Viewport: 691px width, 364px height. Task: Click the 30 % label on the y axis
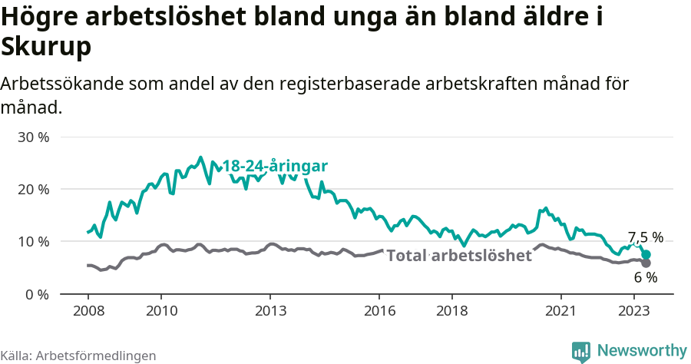[x=34, y=137]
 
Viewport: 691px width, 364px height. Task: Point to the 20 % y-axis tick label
[x=34, y=190]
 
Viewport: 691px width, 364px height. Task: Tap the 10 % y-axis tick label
[x=34, y=242]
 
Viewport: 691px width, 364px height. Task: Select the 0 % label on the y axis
[x=38, y=294]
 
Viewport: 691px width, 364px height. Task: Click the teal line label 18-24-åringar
[x=275, y=167]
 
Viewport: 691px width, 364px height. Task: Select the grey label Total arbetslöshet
[x=458, y=256]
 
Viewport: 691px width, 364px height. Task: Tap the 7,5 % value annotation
[x=645, y=237]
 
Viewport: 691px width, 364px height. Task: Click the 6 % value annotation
[x=645, y=277]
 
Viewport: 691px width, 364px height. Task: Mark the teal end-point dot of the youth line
[x=646, y=254]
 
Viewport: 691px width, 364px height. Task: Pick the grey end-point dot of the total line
[x=646, y=263]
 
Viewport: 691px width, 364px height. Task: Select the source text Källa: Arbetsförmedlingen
[x=78, y=356]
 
